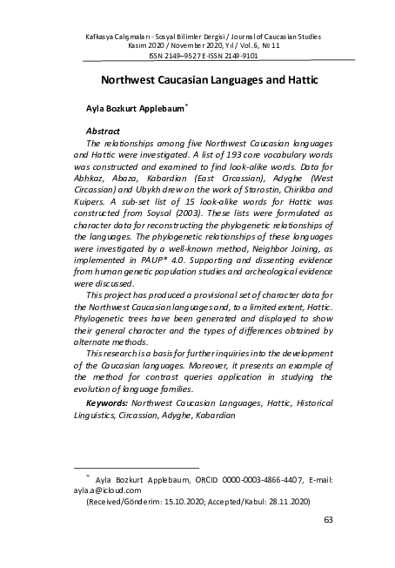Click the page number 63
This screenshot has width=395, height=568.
[328, 520]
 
